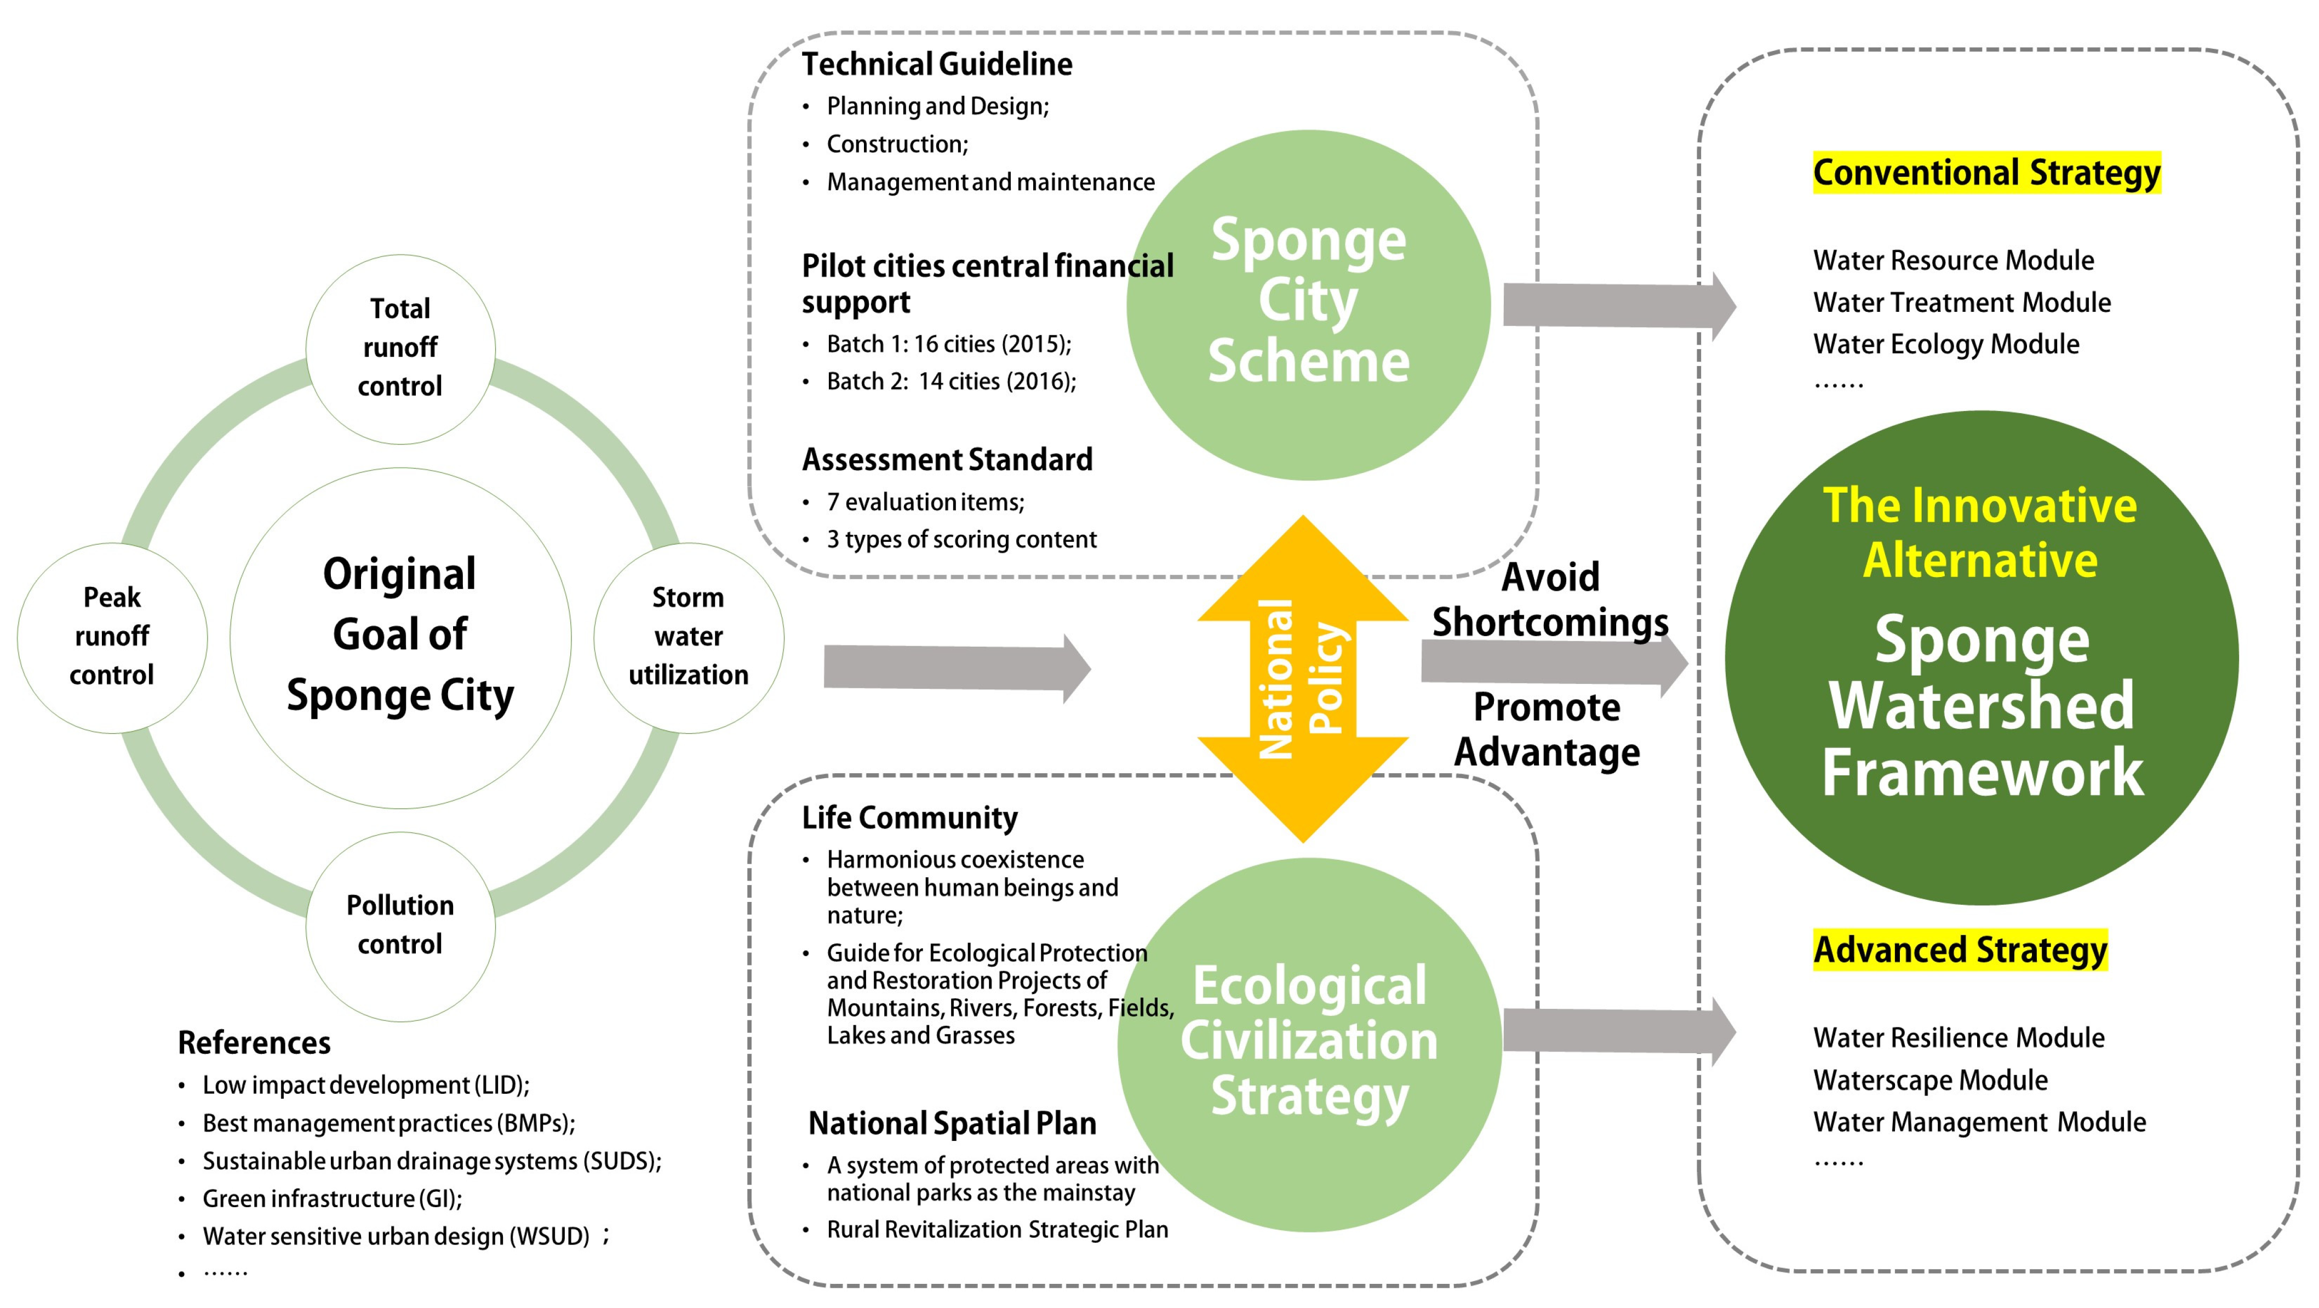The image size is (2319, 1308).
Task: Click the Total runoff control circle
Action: pyautogui.click(x=400, y=349)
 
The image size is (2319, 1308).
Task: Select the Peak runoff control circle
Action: pyautogui.click(x=112, y=637)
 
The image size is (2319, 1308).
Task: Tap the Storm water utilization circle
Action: pyautogui.click(x=689, y=637)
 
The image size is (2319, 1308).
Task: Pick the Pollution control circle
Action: pyautogui.click(x=400, y=926)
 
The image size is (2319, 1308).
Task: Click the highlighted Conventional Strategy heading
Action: pyautogui.click(x=1986, y=173)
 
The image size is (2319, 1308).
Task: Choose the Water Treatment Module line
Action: pyautogui.click(x=1962, y=302)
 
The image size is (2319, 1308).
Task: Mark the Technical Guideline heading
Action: pyautogui.click(x=937, y=65)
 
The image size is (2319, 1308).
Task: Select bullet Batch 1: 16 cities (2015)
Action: pyautogui.click(x=949, y=344)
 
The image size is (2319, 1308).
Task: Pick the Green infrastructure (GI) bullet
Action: pyautogui.click(x=332, y=1199)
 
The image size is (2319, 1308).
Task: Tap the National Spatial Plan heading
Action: pyautogui.click(x=953, y=1123)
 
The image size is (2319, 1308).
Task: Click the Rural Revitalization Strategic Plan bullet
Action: pyautogui.click(x=998, y=1230)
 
